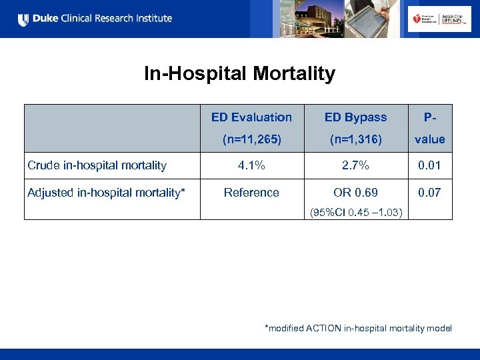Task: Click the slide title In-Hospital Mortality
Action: coord(239,73)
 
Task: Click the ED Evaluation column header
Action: coord(251,117)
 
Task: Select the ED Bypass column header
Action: coord(355,117)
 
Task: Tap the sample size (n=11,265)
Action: coord(251,139)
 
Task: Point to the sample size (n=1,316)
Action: coord(355,139)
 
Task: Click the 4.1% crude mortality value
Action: coord(251,165)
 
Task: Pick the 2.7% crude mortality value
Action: coord(355,165)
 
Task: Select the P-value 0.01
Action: coord(429,165)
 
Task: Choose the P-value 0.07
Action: coord(429,193)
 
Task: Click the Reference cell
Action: coord(251,193)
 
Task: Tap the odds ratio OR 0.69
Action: coord(355,193)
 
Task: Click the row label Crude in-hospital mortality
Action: coord(97,165)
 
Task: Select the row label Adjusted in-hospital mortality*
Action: coord(106,193)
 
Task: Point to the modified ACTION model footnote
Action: coord(358,328)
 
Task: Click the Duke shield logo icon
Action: coord(23,19)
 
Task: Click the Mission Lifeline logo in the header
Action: coord(434,19)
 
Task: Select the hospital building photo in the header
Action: coord(300,19)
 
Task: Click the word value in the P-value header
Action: coord(429,139)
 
